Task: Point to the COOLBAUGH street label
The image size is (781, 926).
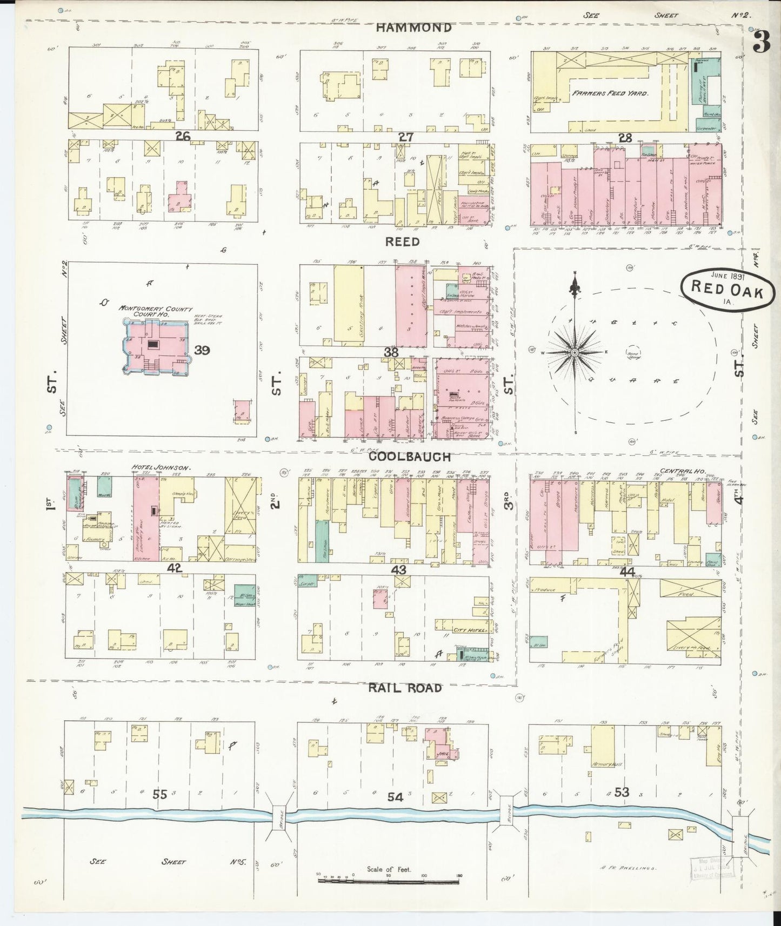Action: (410, 457)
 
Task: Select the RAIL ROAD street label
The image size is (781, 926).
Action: (405, 688)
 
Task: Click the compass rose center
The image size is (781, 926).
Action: (575, 353)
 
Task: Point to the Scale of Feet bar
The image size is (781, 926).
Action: (389, 880)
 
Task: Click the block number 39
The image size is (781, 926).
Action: (202, 351)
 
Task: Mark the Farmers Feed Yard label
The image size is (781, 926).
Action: (610, 93)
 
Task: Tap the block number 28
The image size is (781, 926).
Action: (625, 138)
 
